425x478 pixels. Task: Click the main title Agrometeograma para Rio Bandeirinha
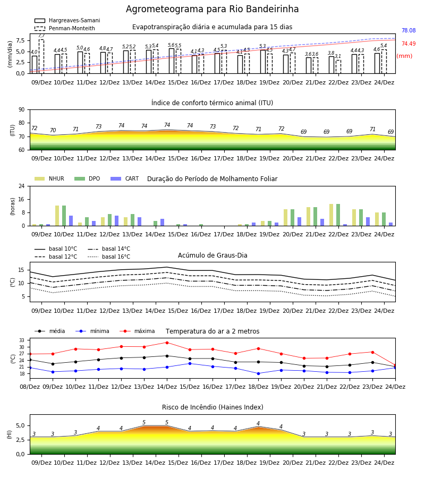click(212, 9)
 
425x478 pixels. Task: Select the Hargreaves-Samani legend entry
click(67, 20)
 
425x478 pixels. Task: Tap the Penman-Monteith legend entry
click(65, 28)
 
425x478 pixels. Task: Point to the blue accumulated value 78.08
click(409, 30)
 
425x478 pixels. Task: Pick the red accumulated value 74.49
click(409, 44)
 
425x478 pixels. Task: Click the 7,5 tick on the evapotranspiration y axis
click(20, 40)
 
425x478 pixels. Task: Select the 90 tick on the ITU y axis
click(22, 110)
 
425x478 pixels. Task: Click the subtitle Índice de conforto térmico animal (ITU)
click(212, 103)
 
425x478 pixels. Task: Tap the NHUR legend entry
click(49, 178)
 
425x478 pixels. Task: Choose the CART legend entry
click(125, 178)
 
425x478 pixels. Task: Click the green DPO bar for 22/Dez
click(338, 215)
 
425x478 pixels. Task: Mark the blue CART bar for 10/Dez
click(71, 221)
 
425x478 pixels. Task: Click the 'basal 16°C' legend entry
click(109, 257)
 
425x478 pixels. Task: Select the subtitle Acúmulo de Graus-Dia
click(212, 255)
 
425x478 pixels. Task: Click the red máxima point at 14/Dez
click(167, 343)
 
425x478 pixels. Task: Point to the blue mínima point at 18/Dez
click(259, 373)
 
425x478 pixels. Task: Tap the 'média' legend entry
click(50, 331)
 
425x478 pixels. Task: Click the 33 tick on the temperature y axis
click(22, 340)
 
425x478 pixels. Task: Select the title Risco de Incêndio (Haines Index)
click(212, 407)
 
